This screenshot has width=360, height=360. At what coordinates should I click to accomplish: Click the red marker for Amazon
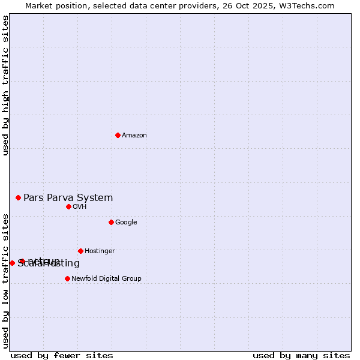[118, 135]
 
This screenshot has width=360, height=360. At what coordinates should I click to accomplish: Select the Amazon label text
[134, 136]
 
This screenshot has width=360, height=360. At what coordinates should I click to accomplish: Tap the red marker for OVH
[68, 206]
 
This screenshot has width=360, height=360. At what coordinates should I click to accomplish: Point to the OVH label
[80, 207]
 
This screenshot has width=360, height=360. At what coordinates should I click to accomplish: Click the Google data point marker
[111, 222]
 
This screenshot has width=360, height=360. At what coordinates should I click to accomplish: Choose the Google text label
[126, 223]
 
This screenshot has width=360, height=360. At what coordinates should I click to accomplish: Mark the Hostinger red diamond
[80, 251]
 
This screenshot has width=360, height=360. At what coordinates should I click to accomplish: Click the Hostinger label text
[100, 251]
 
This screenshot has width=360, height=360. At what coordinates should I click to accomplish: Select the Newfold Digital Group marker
[67, 278]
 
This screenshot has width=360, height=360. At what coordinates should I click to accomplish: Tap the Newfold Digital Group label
[106, 279]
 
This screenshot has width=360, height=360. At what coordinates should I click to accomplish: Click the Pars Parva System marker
[18, 197]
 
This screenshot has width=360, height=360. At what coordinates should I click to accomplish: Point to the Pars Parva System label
[68, 198]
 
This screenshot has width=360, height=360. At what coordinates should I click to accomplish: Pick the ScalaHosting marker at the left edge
[12, 263]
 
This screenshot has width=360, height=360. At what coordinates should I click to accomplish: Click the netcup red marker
[22, 261]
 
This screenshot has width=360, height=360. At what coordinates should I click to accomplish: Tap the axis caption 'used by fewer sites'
[62, 355]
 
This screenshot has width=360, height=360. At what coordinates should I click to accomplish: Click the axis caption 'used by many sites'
[301, 355]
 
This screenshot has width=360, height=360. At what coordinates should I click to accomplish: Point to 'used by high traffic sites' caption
[6, 85]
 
